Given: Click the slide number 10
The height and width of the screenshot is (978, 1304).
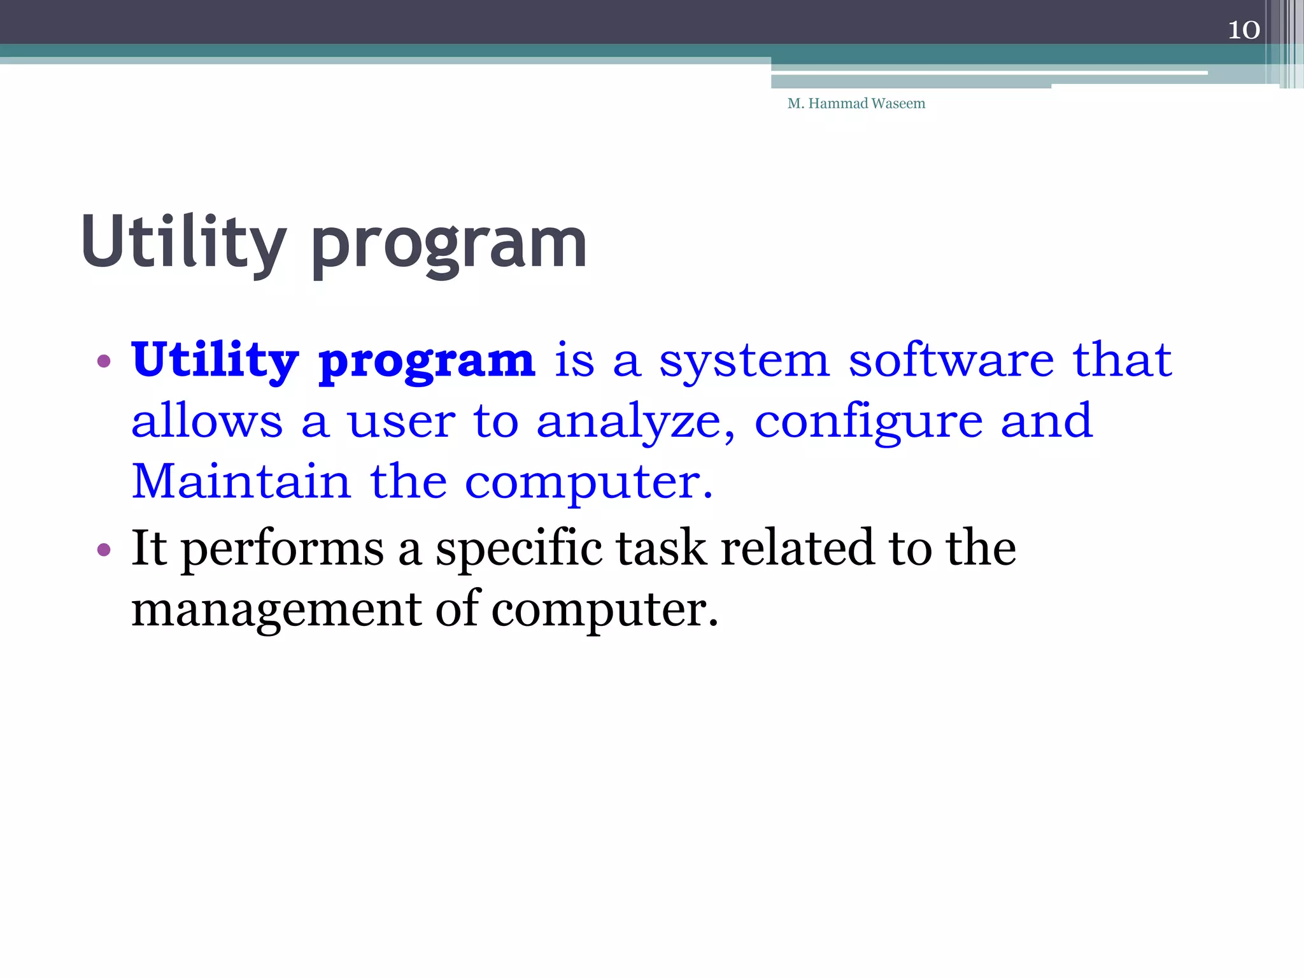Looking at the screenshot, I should coord(1244,30).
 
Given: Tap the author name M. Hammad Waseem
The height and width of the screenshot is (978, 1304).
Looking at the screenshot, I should coord(856,103).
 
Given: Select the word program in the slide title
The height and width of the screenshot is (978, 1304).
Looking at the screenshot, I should coord(449,246).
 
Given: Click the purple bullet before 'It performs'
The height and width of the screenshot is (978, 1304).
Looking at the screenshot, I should coord(104,549).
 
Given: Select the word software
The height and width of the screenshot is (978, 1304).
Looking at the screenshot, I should coord(951,360).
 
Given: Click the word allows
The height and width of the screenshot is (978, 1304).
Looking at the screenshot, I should coord(206,421).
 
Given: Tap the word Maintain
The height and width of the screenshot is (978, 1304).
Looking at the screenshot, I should coord(241,481).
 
